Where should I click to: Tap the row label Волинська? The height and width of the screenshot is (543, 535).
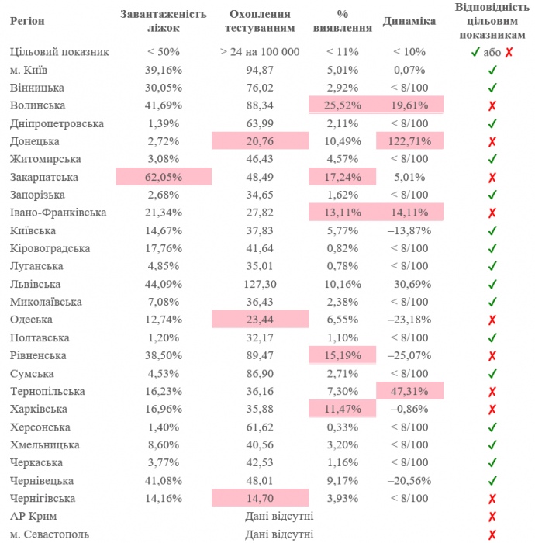coord(37,105)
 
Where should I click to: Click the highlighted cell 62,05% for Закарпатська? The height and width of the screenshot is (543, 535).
coord(163,177)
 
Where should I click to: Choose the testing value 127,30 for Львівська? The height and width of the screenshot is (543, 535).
coord(259,284)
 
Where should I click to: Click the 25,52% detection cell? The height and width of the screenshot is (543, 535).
coord(342,105)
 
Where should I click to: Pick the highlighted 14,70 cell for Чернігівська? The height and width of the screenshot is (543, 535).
coord(259,498)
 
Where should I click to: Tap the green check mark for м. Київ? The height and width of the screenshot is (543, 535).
coord(492,70)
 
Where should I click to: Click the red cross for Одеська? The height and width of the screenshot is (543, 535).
coord(492,320)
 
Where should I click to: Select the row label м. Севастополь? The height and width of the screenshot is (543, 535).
coord(50,534)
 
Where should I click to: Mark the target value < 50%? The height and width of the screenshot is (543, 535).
coord(163,52)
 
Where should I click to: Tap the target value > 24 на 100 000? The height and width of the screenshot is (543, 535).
coord(259,52)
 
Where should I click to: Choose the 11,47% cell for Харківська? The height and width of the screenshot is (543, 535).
coord(342,409)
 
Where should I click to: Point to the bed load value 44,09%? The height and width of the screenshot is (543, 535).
coord(163,284)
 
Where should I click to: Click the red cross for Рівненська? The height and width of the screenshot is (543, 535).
coord(492,355)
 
